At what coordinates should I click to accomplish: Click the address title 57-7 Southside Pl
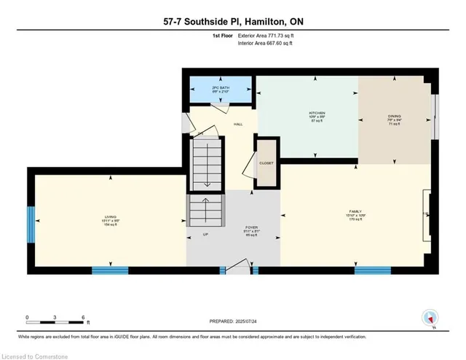pos(232,23)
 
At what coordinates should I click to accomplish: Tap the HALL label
pos(237,125)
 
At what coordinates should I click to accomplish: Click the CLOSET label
pos(266,163)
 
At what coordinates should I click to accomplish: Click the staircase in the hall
pos(204,164)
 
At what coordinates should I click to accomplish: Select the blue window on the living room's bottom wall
pos(110,270)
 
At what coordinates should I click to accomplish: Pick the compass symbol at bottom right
pos(430,318)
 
